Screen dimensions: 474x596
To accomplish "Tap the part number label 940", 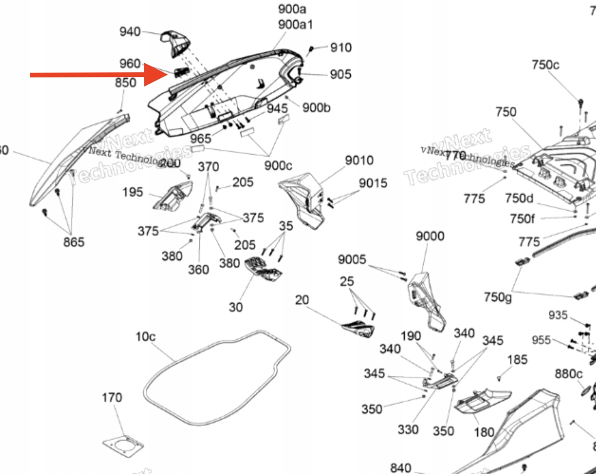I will point(130,32).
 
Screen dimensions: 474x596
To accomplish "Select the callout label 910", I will point(341,47).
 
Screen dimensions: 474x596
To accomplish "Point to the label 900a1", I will point(296,24).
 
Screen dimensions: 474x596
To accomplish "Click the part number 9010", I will point(359,161).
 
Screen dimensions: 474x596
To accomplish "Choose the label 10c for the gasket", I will point(145,337).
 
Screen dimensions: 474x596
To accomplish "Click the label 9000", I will point(430,236).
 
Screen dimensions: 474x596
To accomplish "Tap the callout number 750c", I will point(545,65).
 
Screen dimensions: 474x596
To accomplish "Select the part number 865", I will point(74,242).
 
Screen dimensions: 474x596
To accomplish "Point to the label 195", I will point(132,192).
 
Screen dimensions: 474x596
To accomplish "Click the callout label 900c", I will point(278,166).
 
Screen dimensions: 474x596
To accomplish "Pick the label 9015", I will point(373,183).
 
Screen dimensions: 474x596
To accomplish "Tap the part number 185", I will point(517,360).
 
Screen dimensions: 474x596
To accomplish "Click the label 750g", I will point(498,297).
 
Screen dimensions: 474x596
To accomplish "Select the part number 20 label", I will point(302,300).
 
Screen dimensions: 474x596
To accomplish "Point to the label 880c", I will point(568,374).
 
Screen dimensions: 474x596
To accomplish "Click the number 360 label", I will point(198,270).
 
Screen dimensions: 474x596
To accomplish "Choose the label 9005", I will point(352,259).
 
